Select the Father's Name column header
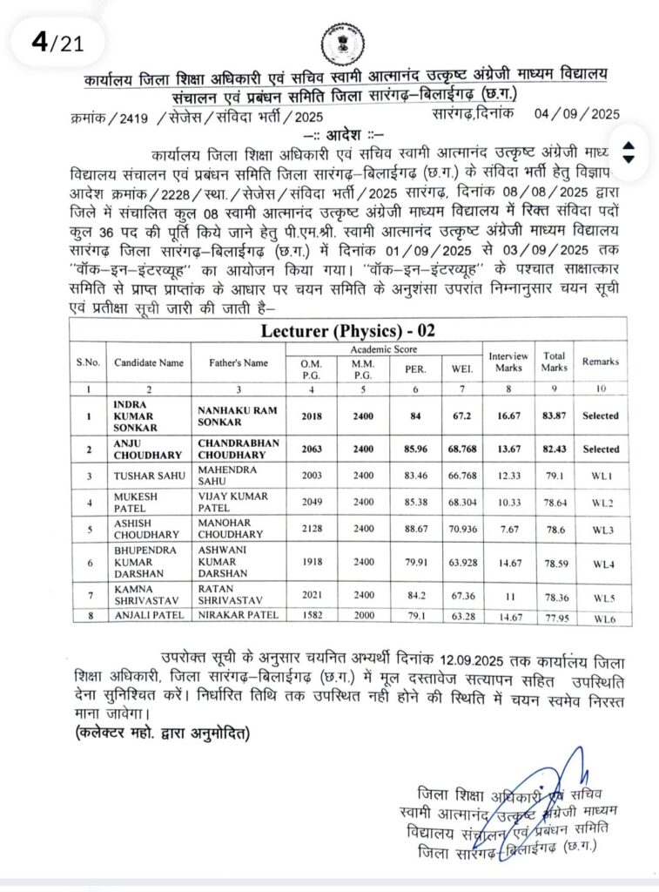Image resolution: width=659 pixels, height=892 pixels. click(x=238, y=362)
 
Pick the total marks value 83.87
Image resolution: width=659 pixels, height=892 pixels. click(x=555, y=416)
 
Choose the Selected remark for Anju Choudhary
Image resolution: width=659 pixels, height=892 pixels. click(x=601, y=449)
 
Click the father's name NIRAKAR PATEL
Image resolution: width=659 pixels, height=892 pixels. click(x=238, y=615)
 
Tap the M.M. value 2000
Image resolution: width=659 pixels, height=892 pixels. click(x=361, y=615)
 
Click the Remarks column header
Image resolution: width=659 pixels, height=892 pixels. click(x=601, y=362)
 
